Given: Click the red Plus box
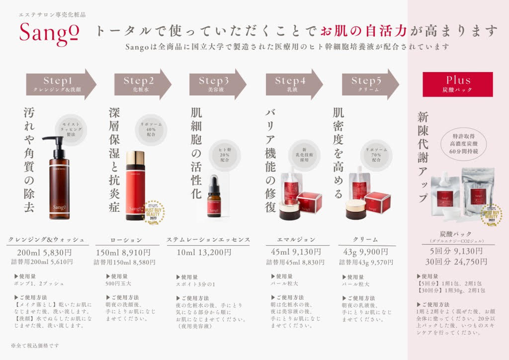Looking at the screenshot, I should (458, 84).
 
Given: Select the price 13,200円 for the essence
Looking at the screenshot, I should (204, 252).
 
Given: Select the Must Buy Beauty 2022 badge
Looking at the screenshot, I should (492, 215).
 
